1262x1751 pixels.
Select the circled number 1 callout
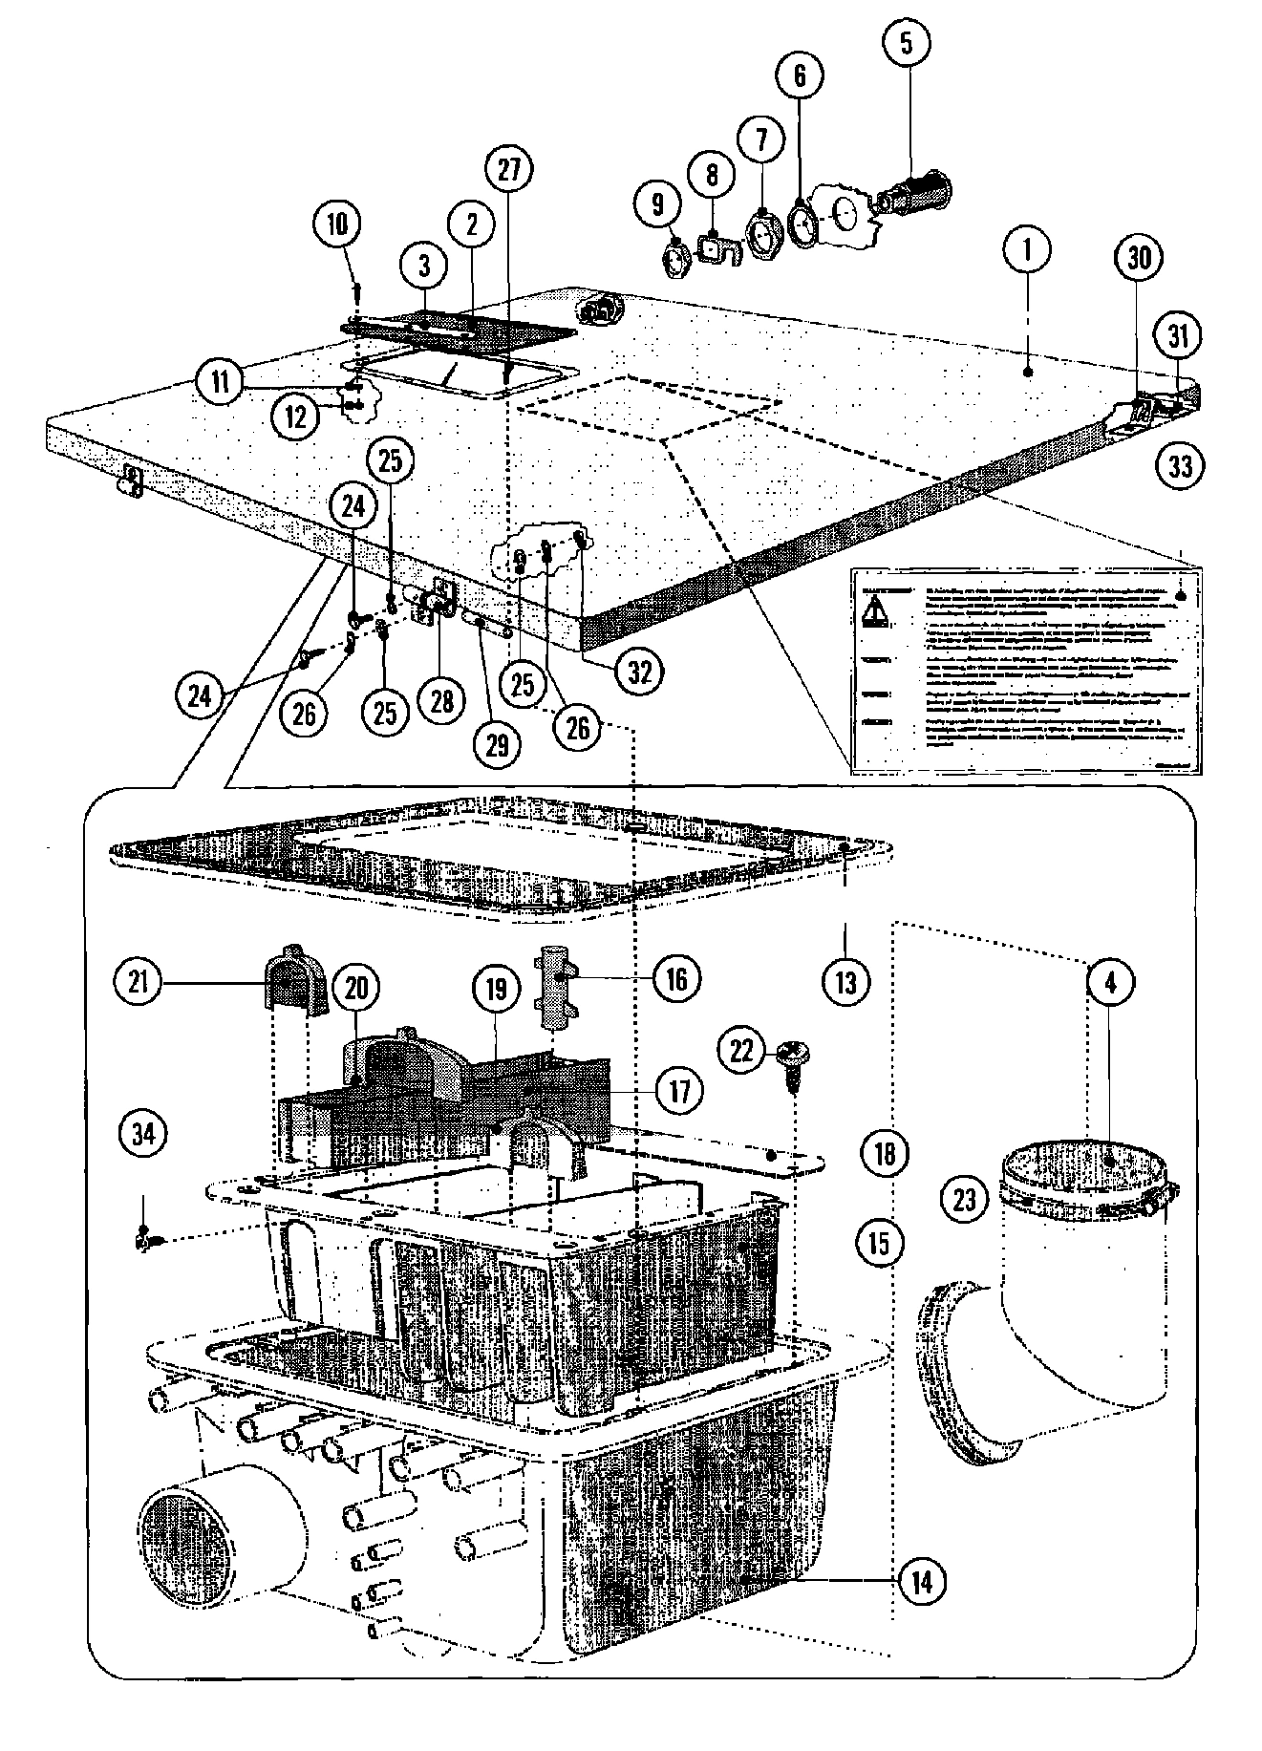point(1027,249)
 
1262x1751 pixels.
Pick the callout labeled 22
point(741,1051)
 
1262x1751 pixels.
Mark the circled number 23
point(965,1197)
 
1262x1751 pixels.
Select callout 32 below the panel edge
point(639,672)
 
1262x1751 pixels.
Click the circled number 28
point(441,702)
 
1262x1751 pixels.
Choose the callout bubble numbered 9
point(658,203)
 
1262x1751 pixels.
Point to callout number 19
point(496,990)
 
